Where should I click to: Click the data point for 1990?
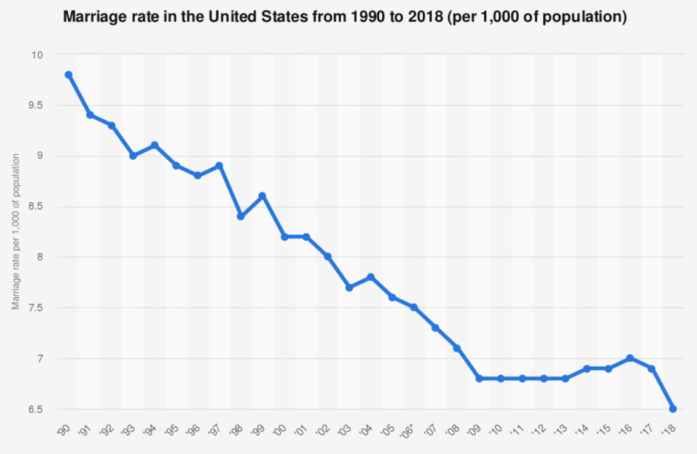68,75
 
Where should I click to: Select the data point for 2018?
673,409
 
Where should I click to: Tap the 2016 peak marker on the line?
630,358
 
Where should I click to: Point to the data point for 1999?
262,196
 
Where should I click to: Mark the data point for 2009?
479,378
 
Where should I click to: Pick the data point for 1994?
154,146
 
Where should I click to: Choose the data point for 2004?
371,277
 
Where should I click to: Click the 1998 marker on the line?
241,216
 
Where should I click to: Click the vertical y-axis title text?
16,232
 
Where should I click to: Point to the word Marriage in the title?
92,17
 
